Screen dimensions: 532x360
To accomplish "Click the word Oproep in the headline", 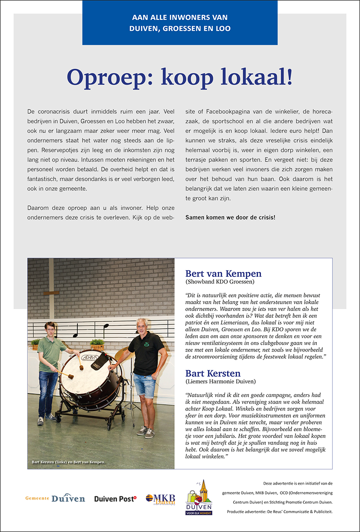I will click(107, 77).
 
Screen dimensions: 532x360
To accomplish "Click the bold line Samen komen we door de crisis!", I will click(230, 217).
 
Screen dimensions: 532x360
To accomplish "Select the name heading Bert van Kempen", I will click(223, 274).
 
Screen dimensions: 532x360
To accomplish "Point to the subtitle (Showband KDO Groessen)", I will click(220, 282).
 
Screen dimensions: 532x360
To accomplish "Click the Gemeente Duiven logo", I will click(55, 498).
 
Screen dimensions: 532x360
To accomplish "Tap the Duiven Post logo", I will click(115, 499).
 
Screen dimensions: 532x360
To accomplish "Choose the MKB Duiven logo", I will click(160, 499).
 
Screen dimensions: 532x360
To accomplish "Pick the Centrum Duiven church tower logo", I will click(199, 497).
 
